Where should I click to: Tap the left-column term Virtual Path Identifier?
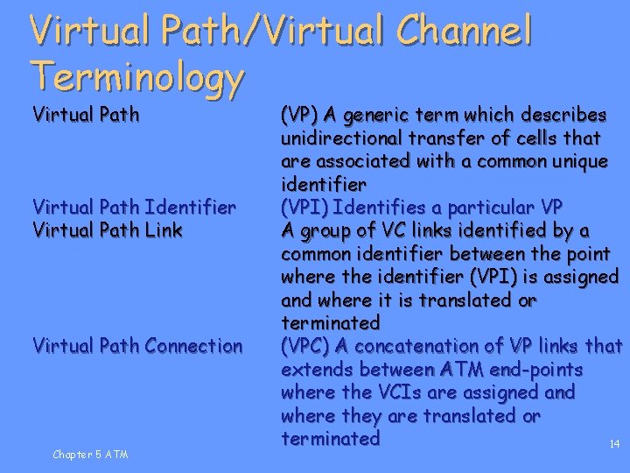coord(134,208)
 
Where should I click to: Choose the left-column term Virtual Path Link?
coord(108,230)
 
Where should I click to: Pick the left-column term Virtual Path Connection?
coord(137,346)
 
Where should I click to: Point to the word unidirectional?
coord(343,138)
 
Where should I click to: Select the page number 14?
coord(614,445)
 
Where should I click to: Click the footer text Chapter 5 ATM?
coord(90,454)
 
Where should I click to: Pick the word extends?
coord(317,369)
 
